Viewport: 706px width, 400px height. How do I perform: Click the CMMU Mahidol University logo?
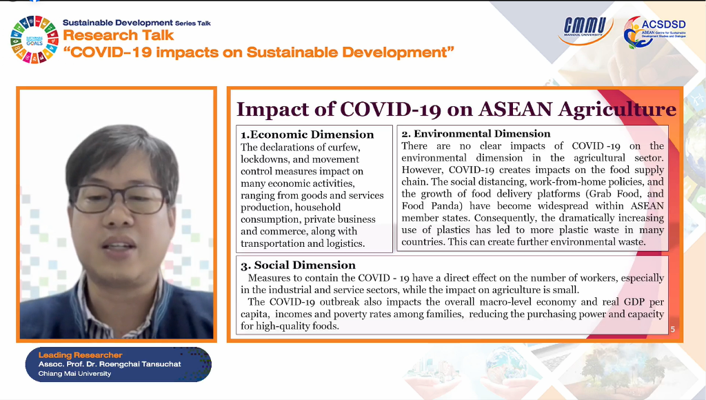(x=585, y=30)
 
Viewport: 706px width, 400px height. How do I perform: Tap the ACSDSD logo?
(x=654, y=32)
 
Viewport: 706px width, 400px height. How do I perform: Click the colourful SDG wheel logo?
(x=34, y=39)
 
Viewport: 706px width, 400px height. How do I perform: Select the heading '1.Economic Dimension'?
(x=307, y=134)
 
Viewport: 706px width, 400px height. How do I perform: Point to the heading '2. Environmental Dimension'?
(x=476, y=134)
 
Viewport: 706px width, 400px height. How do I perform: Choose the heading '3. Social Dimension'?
(x=298, y=265)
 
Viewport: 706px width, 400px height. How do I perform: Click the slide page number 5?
(x=673, y=329)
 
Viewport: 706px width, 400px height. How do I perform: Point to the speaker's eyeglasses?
(x=119, y=199)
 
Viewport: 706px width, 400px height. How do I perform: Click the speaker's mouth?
(x=119, y=246)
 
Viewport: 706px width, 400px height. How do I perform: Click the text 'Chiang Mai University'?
(x=74, y=373)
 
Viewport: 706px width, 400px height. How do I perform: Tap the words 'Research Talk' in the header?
(x=118, y=35)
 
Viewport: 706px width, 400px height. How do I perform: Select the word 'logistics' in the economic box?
(x=344, y=243)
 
